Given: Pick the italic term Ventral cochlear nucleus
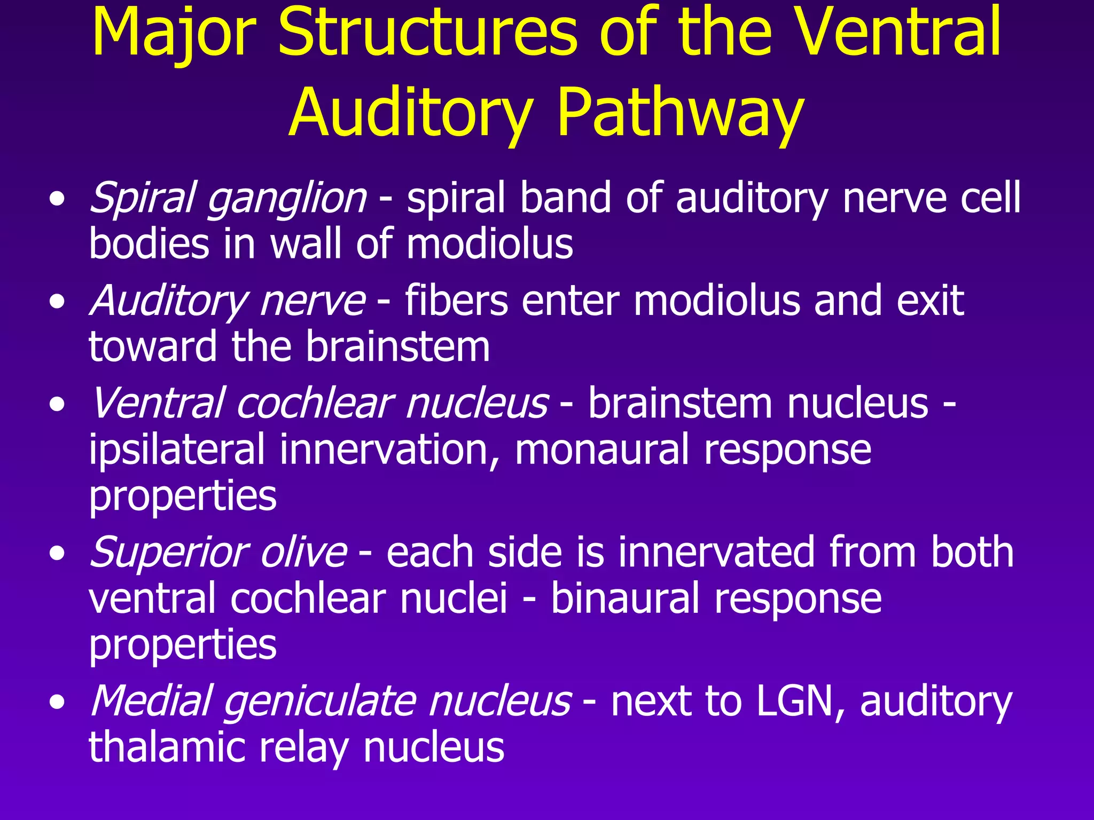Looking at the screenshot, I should pos(319,403).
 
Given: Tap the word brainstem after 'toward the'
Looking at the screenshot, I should pos(398,347).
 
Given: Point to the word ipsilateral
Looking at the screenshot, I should pos(177,450).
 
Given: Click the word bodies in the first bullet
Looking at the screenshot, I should pos(149,244).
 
